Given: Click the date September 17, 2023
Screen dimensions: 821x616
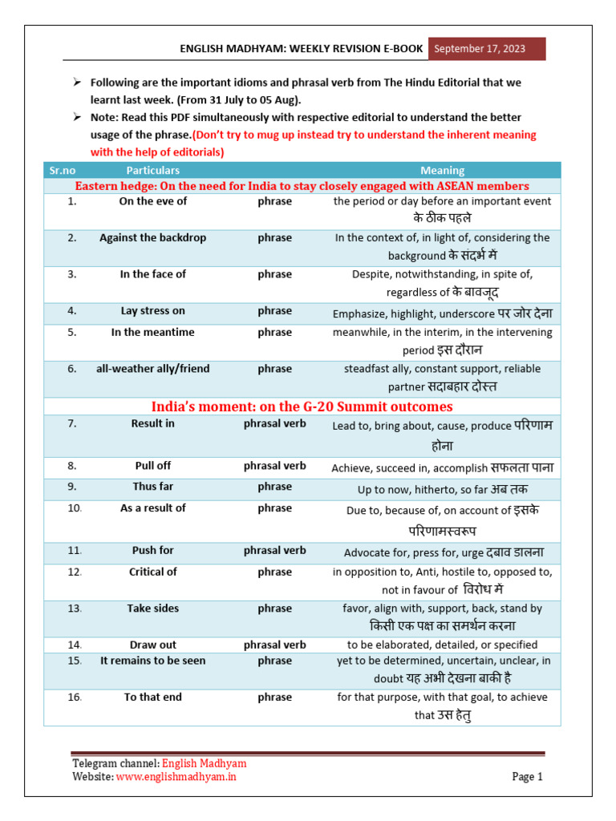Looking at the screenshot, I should (480, 49).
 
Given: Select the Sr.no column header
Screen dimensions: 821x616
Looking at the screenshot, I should (61, 170).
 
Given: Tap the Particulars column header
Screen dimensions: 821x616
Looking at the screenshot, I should (152, 170).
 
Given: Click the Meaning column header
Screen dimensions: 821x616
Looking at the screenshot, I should (442, 170).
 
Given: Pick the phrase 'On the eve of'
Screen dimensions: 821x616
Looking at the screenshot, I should (152, 201).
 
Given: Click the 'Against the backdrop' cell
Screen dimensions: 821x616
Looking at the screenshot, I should (152, 238).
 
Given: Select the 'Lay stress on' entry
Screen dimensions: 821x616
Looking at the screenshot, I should (152, 311).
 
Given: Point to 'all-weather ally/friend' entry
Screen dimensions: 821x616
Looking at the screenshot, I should (152, 369).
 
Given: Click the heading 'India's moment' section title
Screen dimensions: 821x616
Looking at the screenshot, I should (302, 406).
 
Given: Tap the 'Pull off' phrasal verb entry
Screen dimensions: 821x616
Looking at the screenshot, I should (152, 466).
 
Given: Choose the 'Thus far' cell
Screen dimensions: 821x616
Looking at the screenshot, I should (152, 487).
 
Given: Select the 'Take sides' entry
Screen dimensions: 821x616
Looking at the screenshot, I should (152, 609).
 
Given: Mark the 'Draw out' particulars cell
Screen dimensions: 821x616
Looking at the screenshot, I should (152, 645).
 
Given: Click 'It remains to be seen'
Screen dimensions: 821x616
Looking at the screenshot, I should (152, 661).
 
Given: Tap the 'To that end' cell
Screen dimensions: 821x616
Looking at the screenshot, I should (152, 698).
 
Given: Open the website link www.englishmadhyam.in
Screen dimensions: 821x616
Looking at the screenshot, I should (176, 776).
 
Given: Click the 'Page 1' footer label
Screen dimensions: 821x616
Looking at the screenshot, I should (528, 776).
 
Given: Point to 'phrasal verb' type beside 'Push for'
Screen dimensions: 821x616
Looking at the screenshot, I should (274, 551).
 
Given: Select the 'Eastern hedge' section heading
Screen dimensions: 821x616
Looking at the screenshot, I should (302, 186).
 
